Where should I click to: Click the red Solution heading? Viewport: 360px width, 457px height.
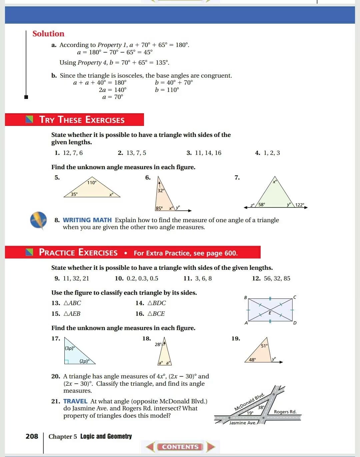[x=48, y=34]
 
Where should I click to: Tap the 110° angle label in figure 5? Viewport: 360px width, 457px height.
[x=92, y=183]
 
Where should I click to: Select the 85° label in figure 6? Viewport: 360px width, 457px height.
[x=159, y=208]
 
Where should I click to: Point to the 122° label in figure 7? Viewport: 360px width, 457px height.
[x=300, y=205]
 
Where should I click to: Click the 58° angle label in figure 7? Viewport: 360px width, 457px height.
[x=262, y=205]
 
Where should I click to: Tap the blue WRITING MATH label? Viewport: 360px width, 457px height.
[x=87, y=220]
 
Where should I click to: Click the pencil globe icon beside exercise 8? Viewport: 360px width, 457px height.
[x=39, y=220]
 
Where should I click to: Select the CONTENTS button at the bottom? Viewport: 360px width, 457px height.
[x=180, y=447]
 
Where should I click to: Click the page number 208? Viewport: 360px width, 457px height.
[x=32, y=436]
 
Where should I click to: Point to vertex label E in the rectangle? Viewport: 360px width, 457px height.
[x=270, y=313]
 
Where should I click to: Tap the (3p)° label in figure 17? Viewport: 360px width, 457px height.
[x=70, y=348]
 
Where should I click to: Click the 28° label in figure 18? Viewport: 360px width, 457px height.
[x=158, y=344]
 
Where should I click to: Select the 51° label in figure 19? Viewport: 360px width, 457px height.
[x=264, y=346]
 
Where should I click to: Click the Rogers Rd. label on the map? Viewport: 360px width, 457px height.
[x=285, y=412]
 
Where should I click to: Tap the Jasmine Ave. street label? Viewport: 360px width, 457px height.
[x=243, y=423]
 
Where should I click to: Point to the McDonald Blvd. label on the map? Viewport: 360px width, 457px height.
[x=249, y=402]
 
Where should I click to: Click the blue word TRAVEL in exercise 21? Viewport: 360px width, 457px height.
[x=75, y=401]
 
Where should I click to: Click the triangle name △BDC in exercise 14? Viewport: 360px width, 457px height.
[x=156, y=303]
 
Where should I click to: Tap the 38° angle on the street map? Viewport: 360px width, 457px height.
[x=261, y=407]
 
